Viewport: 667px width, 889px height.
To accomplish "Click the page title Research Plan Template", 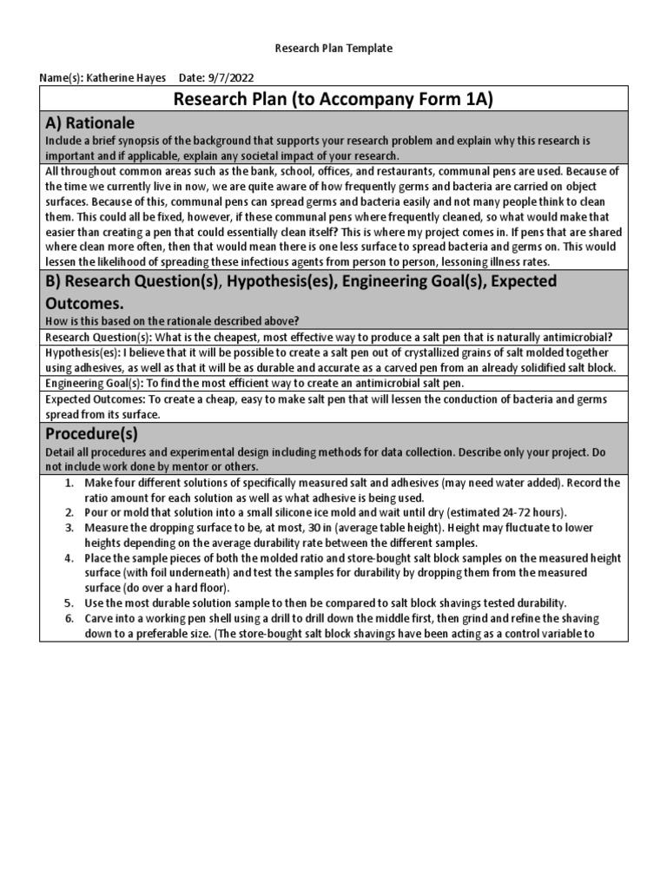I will (333, 49).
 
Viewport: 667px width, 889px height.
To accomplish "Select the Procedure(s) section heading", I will (90, 433).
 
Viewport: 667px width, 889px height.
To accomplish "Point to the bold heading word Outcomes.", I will (86, 304).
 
